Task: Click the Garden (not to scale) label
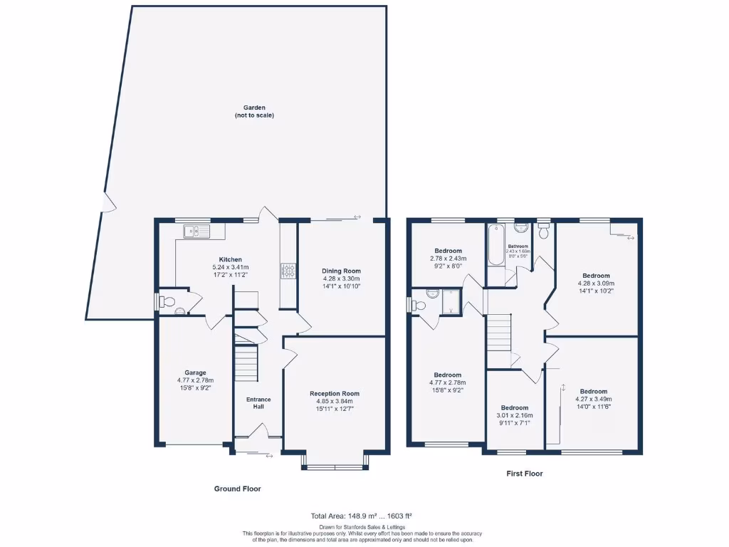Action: coord(254,111)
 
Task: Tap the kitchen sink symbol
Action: coord(194,231)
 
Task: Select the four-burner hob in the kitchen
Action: coord(290,271)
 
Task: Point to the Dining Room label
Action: coord(342,271)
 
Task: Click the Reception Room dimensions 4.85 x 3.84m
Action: coord(335,401)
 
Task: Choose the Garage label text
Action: coord(195,373)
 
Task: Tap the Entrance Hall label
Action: coord(258,404)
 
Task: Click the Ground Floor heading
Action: coord(237,489)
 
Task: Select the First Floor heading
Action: coord(525,473)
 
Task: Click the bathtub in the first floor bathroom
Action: coord(495,245)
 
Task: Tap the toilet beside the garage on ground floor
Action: coord(167,303)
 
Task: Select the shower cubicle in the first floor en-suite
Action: coord(451,302)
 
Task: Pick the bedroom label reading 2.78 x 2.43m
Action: coord(449,259)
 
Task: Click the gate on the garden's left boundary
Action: coord(107,203)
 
